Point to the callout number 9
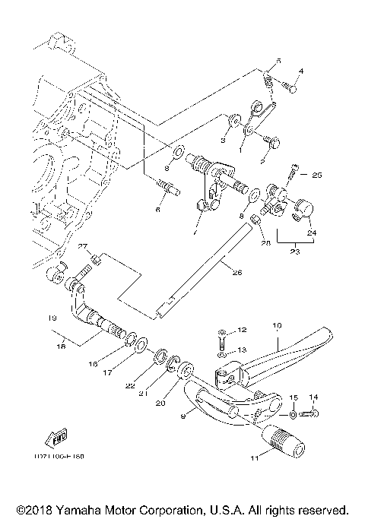pos(182,416)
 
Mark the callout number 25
pos(316,174)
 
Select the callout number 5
pos(278,59)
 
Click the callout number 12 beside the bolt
pos(243,331)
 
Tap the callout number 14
pos(315,397)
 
